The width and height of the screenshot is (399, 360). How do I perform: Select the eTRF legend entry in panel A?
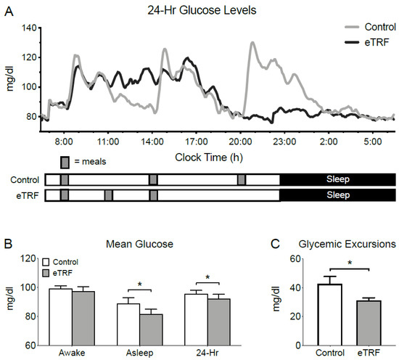(373, 44)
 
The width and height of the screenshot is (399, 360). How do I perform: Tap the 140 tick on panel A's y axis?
(29, 28)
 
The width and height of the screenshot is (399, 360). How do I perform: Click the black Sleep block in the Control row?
(337, 179)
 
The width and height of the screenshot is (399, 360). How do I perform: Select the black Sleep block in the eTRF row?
(337, 195)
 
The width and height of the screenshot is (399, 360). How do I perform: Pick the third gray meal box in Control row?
(242, 179)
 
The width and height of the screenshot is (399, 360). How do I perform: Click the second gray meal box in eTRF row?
(108, 195)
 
